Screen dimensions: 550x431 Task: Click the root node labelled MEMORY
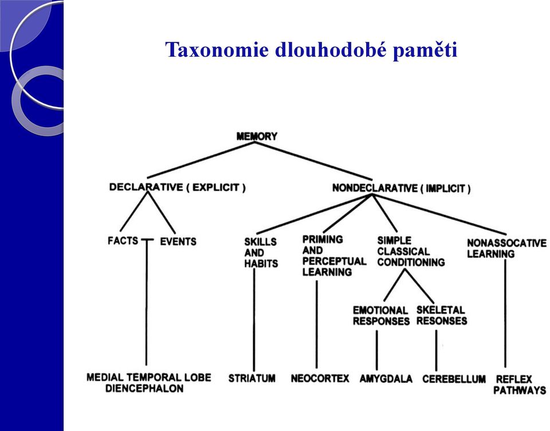257,136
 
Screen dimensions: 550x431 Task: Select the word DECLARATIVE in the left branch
146,187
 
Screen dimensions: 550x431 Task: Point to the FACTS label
123,241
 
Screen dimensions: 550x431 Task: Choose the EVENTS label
178,241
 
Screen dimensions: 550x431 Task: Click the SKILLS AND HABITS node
261,253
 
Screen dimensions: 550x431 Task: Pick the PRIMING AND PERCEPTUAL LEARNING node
334,256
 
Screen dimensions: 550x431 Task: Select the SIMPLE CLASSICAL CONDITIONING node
411,251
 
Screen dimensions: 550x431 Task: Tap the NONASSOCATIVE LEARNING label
506,249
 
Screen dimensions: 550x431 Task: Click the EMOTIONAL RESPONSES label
382,316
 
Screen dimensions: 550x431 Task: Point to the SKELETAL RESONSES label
442,316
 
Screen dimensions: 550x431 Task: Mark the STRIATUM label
252,378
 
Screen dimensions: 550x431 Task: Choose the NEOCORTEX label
320,378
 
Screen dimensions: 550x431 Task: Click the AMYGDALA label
386,379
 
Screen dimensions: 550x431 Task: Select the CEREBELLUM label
454,379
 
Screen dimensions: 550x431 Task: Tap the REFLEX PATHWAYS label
520,385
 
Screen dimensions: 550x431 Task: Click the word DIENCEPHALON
144,389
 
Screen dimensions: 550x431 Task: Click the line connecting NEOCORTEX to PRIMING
317,324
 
